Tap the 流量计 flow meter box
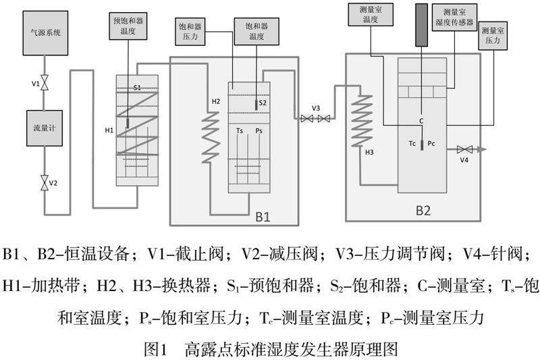click(x=43, y=126)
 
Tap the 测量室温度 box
click(x=370, y=16)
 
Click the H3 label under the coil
click(x=369, y=153)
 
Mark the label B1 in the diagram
click(x=263, y=217)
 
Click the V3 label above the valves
click(x=315, y=108)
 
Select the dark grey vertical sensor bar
click(x=423, y=26)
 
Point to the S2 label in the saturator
click(x=263, y=103)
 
